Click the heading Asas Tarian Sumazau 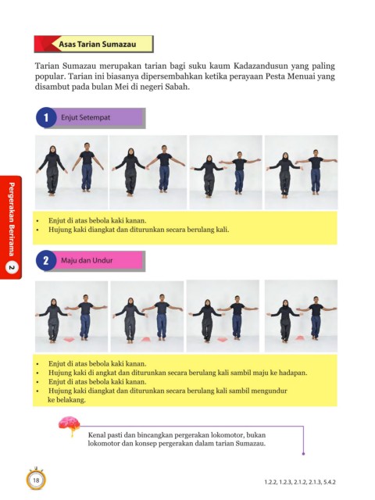pos(97,45)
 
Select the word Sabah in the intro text pos(177,87)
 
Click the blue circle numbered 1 pos(46,117)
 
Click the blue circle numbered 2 pos(46,260)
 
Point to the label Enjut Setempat pos(85,117)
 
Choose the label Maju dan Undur pos(87,260)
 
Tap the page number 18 pos(36,480)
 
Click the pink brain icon pos(69,425)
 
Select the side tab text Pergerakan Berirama pos(12,219)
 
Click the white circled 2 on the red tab pos(12,267)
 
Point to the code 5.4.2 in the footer pos(330,482)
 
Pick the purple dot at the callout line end pos(303,453)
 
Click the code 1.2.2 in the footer pos(271,482)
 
